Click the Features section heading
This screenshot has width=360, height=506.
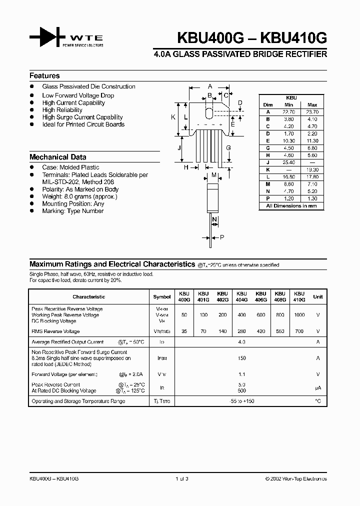point(44,76)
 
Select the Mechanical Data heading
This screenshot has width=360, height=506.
point(57,157)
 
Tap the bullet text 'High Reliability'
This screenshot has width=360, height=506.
point(62,110)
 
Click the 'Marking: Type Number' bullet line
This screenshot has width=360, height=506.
point(72,211)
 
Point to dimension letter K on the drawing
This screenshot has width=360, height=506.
point(173,117)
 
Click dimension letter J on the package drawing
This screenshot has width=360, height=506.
point(178,147)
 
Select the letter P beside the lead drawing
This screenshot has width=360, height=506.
point(222,237)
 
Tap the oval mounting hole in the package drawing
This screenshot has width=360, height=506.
point(209,110)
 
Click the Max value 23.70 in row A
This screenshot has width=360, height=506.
point(312,112)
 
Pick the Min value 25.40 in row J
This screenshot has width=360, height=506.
point(288,162)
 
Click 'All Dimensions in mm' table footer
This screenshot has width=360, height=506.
point(291,206)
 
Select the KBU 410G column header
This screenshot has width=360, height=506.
point(299,296)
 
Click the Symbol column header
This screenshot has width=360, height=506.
point(161,296)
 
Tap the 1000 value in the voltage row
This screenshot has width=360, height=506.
point(299,315)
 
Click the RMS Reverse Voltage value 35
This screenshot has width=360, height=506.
point(184,331)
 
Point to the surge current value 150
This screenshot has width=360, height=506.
point(242,358)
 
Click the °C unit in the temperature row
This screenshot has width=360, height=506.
point(317,401)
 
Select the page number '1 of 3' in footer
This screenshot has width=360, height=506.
point(180,478)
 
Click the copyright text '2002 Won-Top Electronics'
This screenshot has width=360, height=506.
point(298,478)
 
